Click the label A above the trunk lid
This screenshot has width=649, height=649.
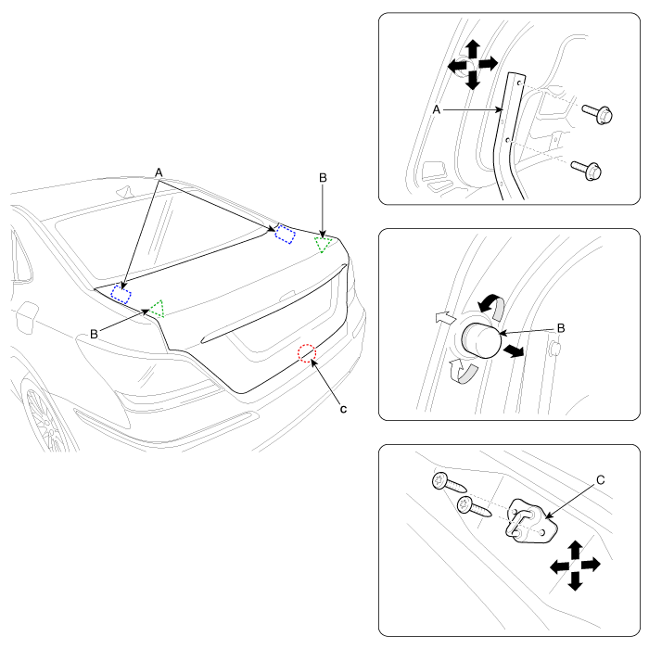(x=159, y=172)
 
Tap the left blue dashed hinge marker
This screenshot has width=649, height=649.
(x=121, y=295)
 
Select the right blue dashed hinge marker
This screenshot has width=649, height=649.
(x=284, y=234)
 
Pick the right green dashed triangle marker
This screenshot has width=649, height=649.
(x=324, y=244)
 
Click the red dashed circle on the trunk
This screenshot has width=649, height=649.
(x=307, y=353)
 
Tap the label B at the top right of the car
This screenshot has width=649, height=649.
(x=322, y=176)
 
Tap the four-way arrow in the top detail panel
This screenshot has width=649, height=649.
(x=473, y=65)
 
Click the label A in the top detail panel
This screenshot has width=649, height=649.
(x=436, y=109)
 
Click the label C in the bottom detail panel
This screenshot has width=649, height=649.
(x=601, y=480)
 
